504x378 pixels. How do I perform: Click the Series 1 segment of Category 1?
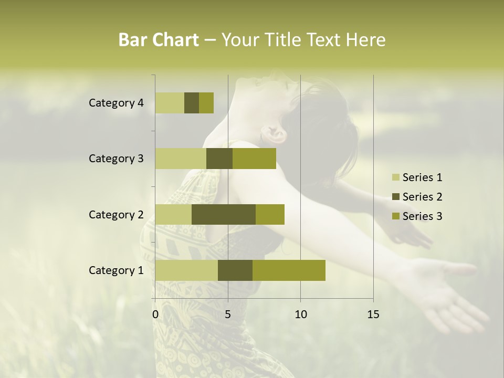pyautogui.click(x=186, y=270)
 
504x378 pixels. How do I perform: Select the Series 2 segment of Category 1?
pyautogui.click(x=235, y=270)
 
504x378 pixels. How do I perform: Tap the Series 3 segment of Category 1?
pyautogui.click(x=289, y=270)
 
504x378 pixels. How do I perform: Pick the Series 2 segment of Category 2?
pyautogui.click(x=224, y=214)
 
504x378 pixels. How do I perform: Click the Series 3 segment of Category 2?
pyautogui.click(x=270, y=214)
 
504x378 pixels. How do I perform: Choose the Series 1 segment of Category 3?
pyautogui.click(x=181, y=159)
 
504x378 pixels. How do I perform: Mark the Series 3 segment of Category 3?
pyautogui.click(x=254, y=159)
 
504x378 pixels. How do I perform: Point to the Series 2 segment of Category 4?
pyautogui.click(x=192, y=103)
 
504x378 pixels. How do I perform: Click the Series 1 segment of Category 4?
pyautogui.click(x=170, y=103)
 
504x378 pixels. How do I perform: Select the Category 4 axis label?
pyautogui.click(x=116, y=103)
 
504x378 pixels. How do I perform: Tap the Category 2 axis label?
pyautogui.click(x=116, y=214)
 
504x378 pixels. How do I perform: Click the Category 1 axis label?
pyautogui.click(x=116, y=270)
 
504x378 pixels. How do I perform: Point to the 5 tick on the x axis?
pyautogui.click(x=228, y=314)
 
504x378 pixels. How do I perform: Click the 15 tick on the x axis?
pyautogui.click(x=373, y=314)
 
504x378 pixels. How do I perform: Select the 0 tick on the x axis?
pyautogui.click(x=155, y=314)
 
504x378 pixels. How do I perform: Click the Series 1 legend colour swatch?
pyautogui.click(x=395, y=177)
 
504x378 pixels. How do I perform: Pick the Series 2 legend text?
pyautogui.click(x=422, y=197)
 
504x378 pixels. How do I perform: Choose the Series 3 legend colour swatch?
pyautogui.click(x=395, y=216)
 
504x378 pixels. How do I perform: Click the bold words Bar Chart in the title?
pyautogui.click(x=159, y=40)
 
